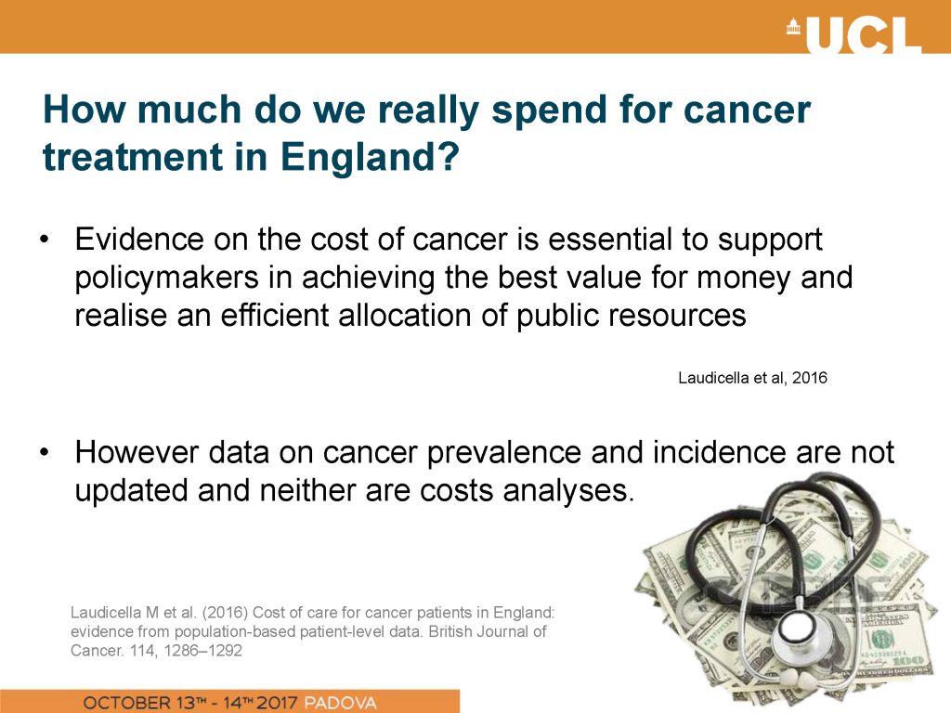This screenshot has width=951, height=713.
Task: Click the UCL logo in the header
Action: pyautogui.click(x=854, y=34)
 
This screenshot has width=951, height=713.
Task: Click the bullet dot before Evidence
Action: pyautogui.click(x=44, y=240)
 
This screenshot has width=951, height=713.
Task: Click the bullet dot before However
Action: pyautogui.click(x=44, y=452)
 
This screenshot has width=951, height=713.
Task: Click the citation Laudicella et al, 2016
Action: pyautogui.click(x=752, y=378)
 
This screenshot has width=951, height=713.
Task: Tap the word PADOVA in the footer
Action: pyautogui.click(x=340, y=703)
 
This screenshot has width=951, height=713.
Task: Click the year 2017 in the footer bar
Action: pyautogui.click(x=277, y=703)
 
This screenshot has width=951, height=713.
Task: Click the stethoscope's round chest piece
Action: pyautogui.click(x=807, y=631)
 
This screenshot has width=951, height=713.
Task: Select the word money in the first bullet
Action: pyautogui.click(x=736, y=279)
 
